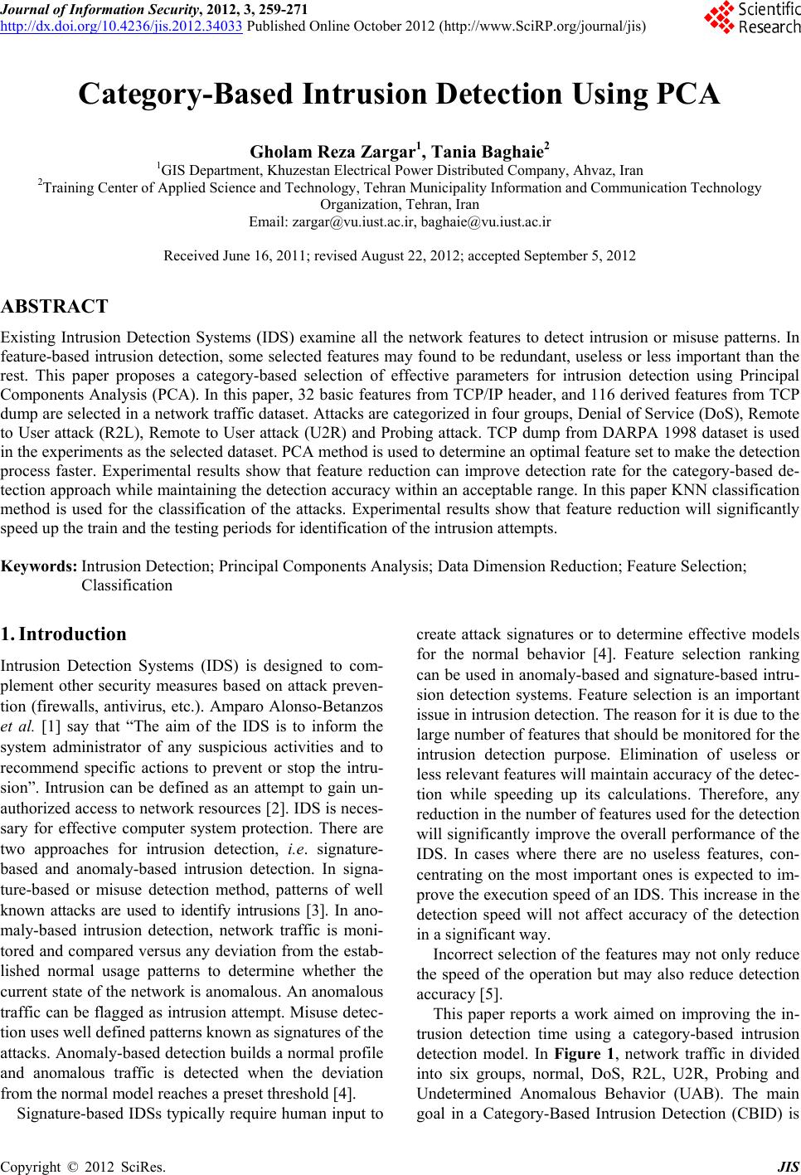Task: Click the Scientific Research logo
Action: [751, 18]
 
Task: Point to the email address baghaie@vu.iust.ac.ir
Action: [486, 222]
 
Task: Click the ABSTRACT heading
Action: [55, 307]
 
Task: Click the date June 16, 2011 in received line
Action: [264, 255]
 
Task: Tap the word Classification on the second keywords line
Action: [127, 585]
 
